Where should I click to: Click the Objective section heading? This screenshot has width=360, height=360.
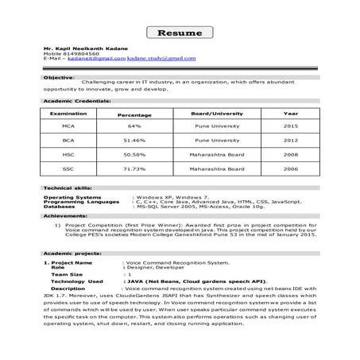57,79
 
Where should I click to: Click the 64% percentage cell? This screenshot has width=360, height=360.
134,126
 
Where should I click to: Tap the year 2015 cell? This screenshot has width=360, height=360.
290,126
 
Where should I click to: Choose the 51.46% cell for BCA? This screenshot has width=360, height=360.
134,140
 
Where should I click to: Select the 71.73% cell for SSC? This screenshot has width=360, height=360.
134,169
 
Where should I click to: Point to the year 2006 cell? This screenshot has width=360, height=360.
290,169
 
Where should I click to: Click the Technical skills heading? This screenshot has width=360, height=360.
64,187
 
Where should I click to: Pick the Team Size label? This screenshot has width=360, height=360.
67,273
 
